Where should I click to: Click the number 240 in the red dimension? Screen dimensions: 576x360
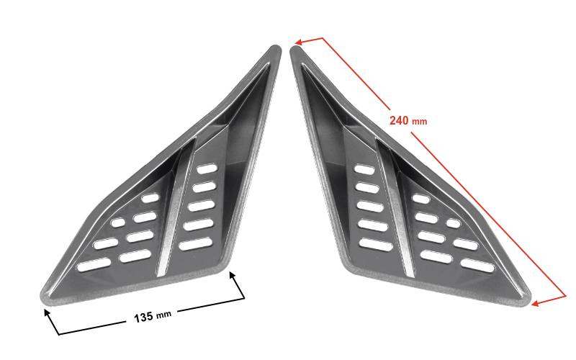[399, 120]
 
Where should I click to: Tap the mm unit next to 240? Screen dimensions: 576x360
[420, 122]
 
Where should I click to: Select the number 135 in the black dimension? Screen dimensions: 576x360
[143, 317]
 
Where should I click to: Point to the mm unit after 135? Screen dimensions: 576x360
[163, 315]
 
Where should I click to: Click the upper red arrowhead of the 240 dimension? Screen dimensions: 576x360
[298, 42]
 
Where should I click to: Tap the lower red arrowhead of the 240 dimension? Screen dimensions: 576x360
[535, 303]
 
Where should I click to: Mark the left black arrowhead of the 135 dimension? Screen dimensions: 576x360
[47, 312]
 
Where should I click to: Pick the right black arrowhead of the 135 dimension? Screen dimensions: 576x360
[232, 275]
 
